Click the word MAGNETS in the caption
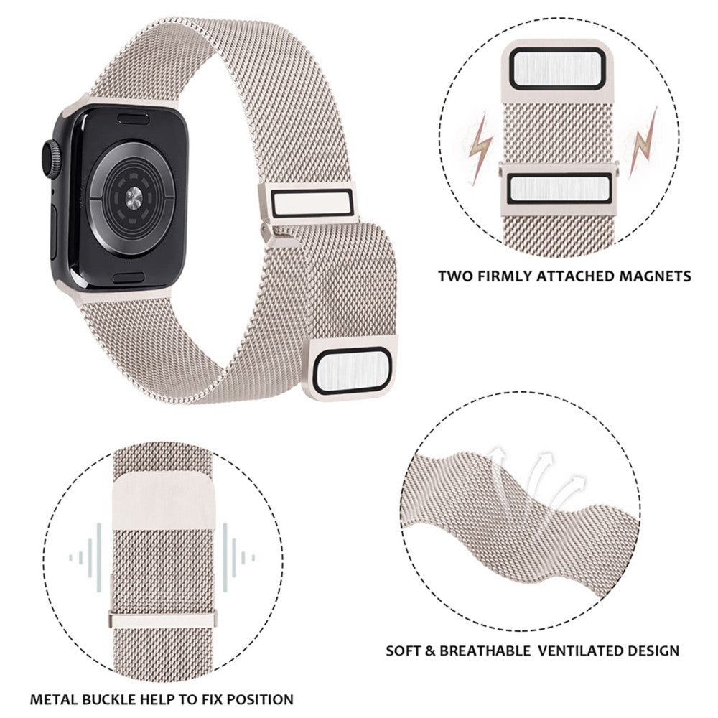pos(655,276)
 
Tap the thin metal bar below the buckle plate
pos(162,620)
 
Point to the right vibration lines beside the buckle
pos(238,558)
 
